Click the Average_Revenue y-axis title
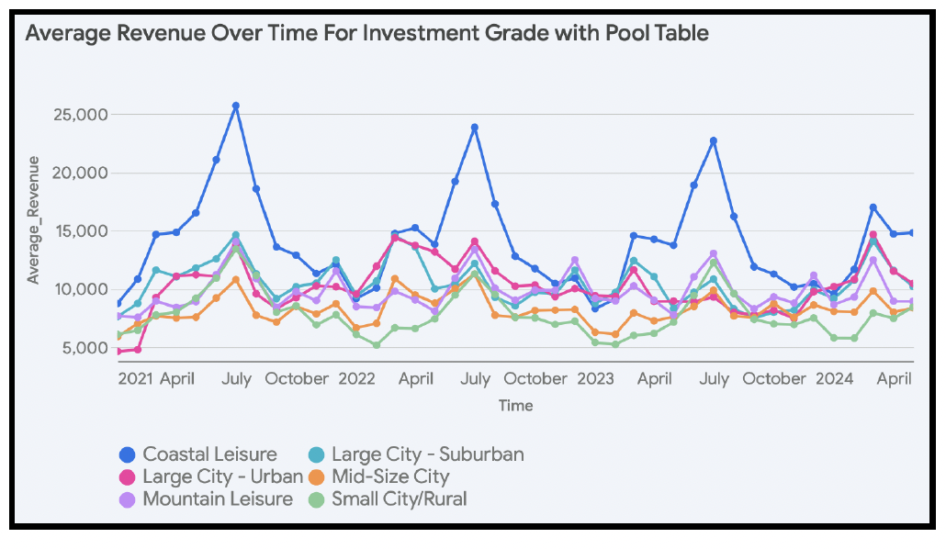coord(33,220)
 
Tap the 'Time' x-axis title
coord(515,405)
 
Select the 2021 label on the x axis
coord(136,378)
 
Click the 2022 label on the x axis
coord(357,378)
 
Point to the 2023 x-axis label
coord(596,378)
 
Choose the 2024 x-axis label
coord(835,378)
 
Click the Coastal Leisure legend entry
coord(209,454)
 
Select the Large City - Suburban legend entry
coord(427,454)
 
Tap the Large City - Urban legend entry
coord(222,477)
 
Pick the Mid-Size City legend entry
coord(390,477)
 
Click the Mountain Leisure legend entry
coord(218,500)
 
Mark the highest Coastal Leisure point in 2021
coord(236,106)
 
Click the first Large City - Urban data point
coord(118,352)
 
